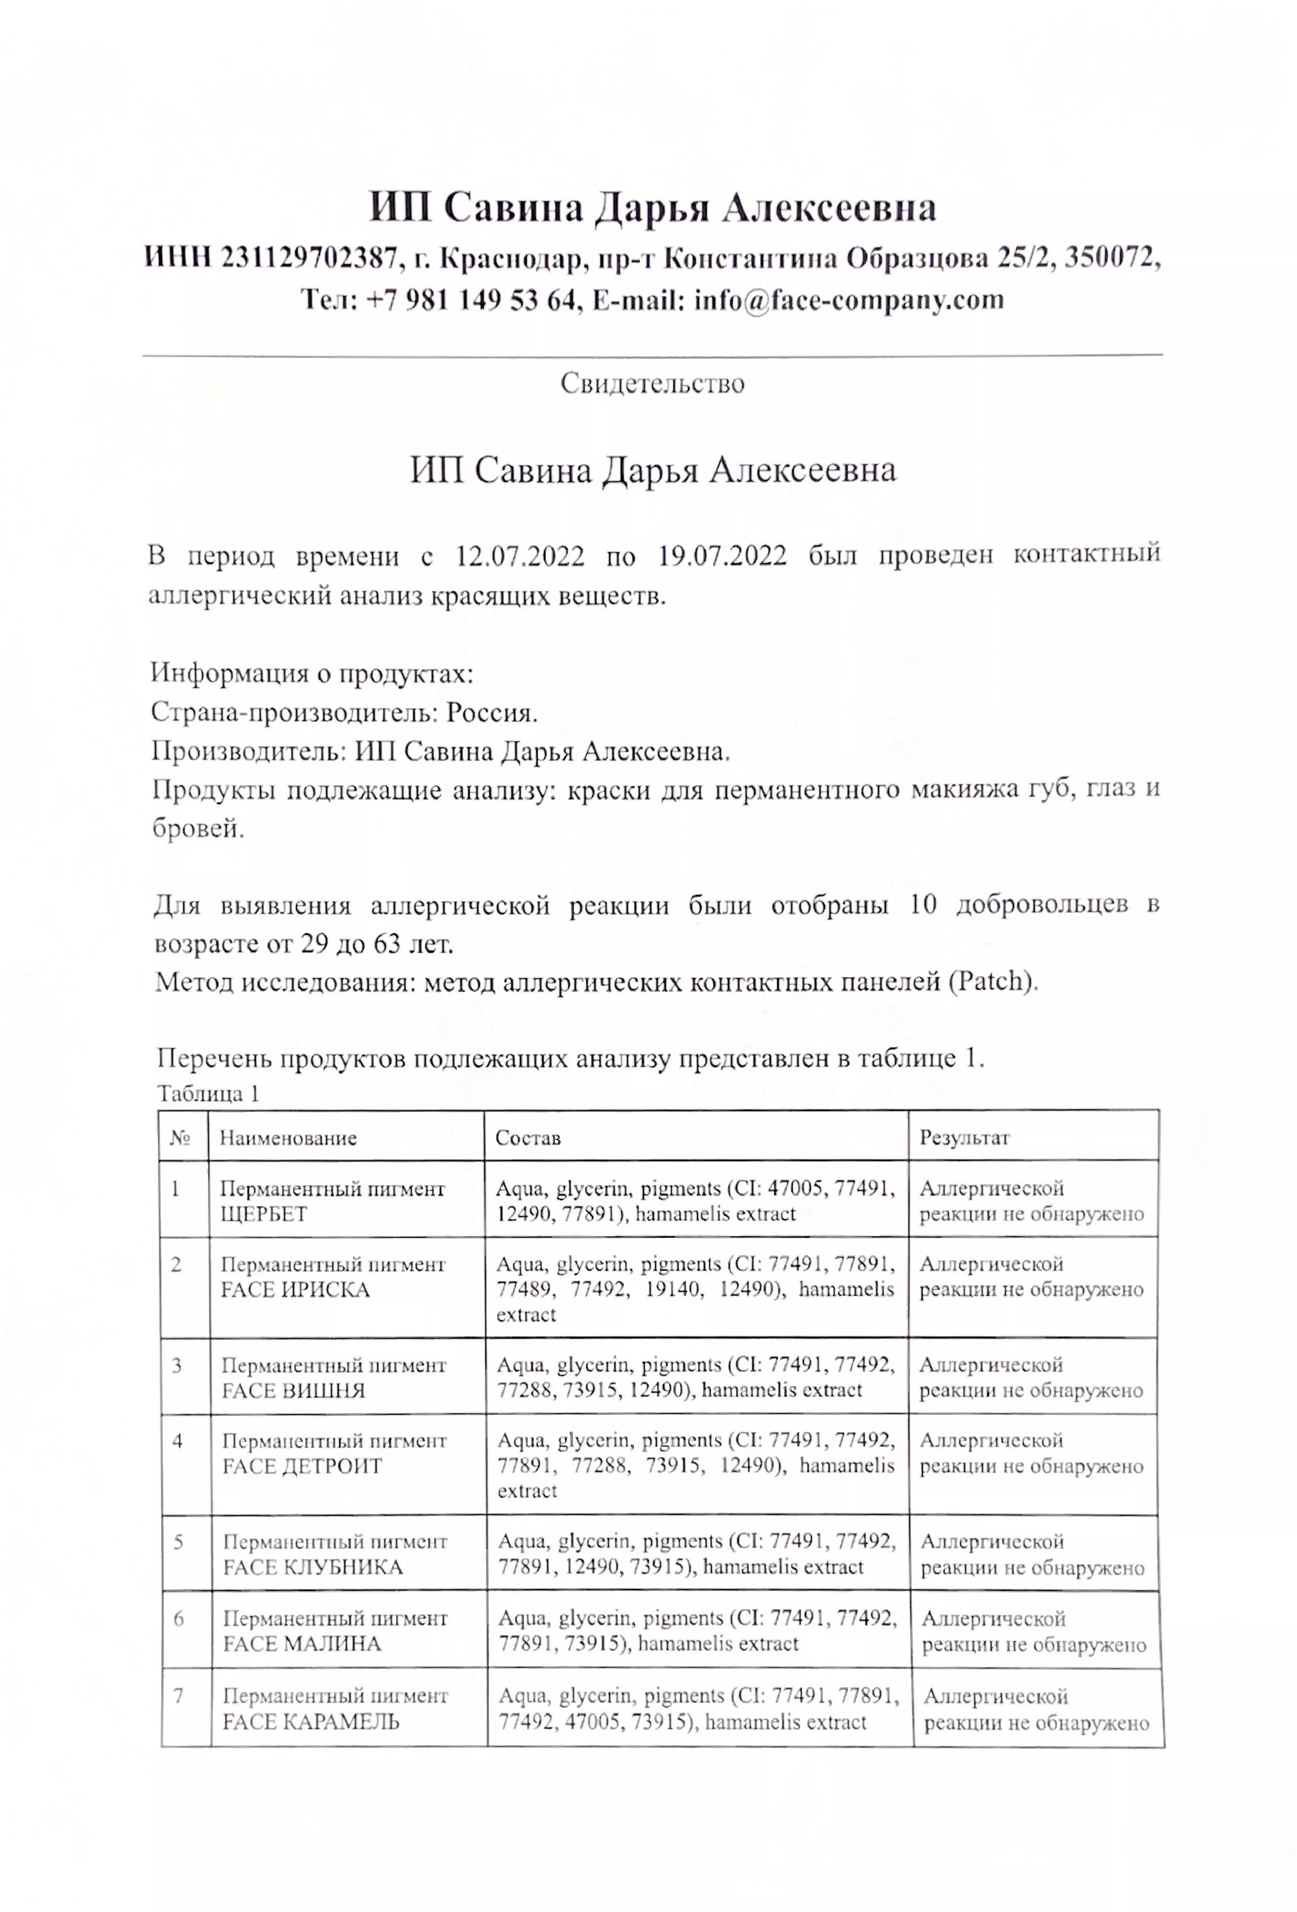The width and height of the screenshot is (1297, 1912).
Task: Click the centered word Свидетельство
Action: (652, 384)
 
